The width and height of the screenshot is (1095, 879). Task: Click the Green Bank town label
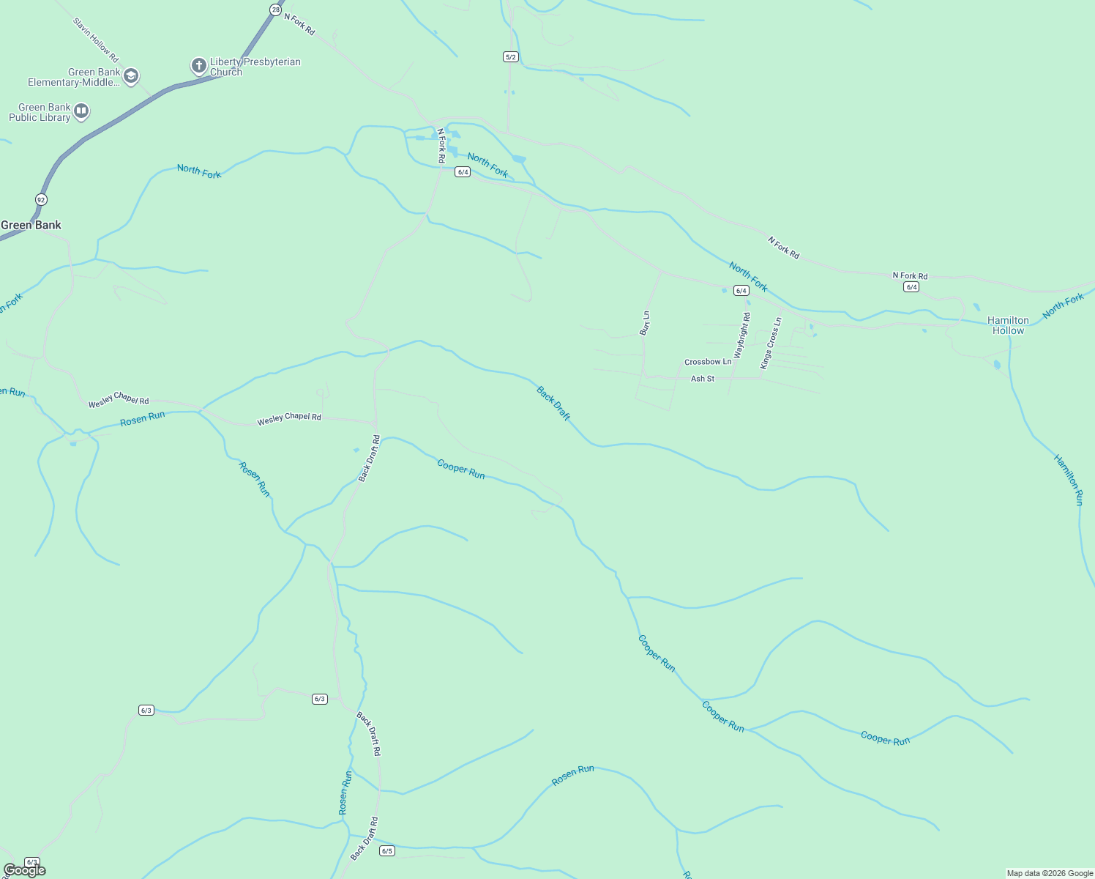(31, 225)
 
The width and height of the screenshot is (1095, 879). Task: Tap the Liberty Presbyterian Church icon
(198, 66)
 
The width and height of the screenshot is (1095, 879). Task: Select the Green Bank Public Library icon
(81, 111)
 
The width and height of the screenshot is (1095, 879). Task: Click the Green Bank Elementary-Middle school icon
(131, 76)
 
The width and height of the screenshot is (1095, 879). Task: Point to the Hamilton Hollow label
(1008, 325)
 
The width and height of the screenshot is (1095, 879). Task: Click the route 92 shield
(41, 199)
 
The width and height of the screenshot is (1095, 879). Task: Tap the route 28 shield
(274, 10)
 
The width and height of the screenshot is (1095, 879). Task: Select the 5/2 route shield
(511, 56)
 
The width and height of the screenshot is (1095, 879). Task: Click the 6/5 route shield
(387, 850)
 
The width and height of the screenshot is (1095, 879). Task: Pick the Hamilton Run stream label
(1069, 480)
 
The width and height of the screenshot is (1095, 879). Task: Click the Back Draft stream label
(553, 403)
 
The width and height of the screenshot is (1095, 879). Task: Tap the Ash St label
(703, 379)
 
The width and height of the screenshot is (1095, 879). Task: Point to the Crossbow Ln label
(708, 362)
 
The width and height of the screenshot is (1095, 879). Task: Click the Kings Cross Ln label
(771, 343)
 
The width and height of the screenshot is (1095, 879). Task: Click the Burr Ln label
(645, 323)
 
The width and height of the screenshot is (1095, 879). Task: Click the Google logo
(25, 869)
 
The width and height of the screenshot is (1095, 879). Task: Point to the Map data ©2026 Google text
(1050, 873)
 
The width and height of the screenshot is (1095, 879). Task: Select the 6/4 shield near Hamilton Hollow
(911, 287)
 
